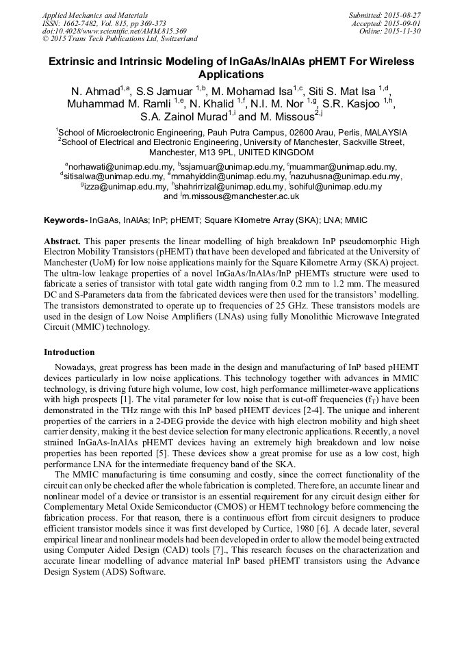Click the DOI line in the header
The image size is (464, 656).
point(114,31)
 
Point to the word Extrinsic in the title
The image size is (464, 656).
point(75,62)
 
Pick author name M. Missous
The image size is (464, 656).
point(286,116)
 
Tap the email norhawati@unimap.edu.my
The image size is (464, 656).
point(120,167)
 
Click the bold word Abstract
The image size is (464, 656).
point(63,242)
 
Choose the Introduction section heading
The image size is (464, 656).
point(69,352)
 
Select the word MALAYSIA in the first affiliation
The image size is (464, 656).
point(384,133)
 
